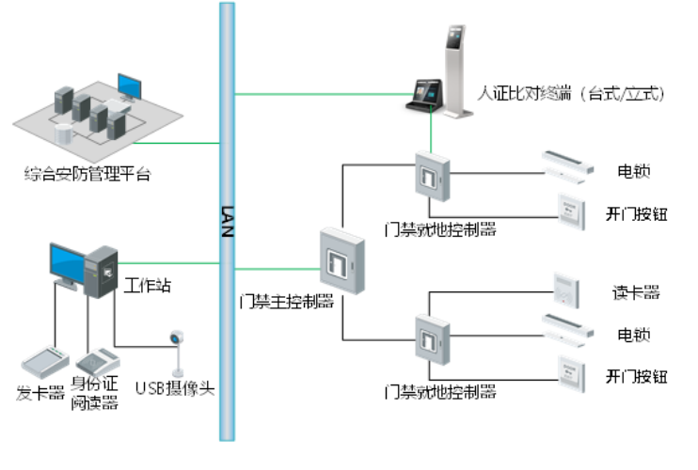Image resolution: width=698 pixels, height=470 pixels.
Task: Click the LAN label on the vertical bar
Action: pyautogui.click(x=227, y=222)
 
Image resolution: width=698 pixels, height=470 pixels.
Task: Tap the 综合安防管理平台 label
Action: pyautogui.click(x=88, y=173)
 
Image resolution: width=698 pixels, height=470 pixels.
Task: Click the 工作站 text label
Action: pyautogui.click(x=148, y=284)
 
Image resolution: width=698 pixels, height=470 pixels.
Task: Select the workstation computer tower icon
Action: pyautogui.click(x=101, y=272)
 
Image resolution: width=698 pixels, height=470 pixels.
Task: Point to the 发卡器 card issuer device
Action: pyautogui.click(x=40, y=362)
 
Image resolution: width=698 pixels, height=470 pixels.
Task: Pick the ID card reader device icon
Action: pyautogui.click(x=95, y=361)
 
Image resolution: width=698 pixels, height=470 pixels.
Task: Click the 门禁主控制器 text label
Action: pyautogui.click(x=288, y=302)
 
